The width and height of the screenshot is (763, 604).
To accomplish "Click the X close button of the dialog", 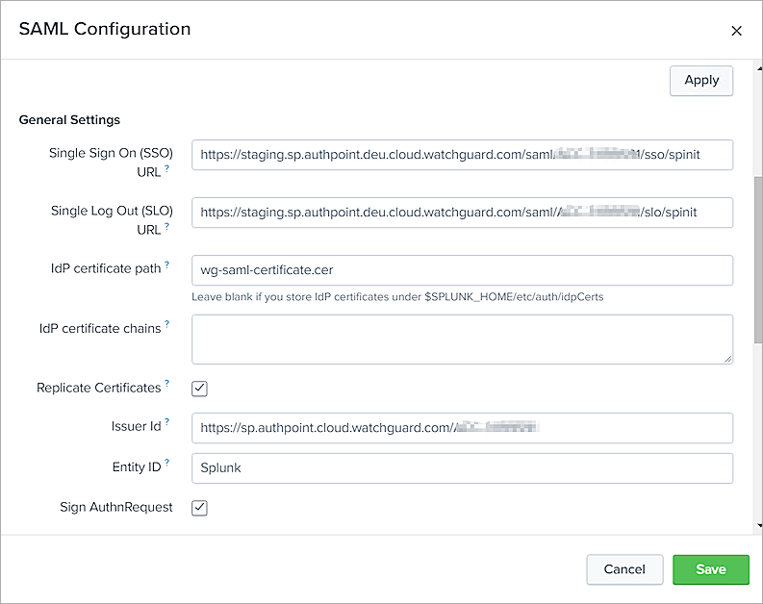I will coord(737,31).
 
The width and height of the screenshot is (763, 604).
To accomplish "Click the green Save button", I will coord(710,569).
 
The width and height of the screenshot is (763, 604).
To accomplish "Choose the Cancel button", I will coord(624,569).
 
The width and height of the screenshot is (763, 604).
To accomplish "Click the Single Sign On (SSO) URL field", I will coord(462,155).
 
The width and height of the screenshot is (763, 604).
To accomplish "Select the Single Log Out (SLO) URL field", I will coord(462,213).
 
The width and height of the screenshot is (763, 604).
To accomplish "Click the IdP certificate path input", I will coord(462,270).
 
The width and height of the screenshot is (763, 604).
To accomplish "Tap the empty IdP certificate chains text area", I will coord(462,339).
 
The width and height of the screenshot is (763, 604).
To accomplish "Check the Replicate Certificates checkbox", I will coord(200,389).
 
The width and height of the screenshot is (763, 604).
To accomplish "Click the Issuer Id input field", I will coord(462,427).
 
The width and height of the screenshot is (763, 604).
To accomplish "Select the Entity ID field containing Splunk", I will coord(462,468).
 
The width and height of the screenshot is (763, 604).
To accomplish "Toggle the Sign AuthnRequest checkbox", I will coord(200,508).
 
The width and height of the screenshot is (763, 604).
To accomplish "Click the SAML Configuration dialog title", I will coord(105,29).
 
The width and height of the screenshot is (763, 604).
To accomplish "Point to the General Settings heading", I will coord(69,120).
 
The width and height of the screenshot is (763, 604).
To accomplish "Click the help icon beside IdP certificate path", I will coord(167,264).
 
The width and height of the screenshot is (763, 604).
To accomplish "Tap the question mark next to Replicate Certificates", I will coord(167,384).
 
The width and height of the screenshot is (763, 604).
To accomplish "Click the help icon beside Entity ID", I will coord(167,463).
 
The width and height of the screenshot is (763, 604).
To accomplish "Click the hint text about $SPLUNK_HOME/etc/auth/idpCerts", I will coord(397,296).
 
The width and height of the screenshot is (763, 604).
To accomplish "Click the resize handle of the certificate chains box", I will coord(727,359).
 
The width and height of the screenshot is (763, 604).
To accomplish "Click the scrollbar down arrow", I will coord(758,525).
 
